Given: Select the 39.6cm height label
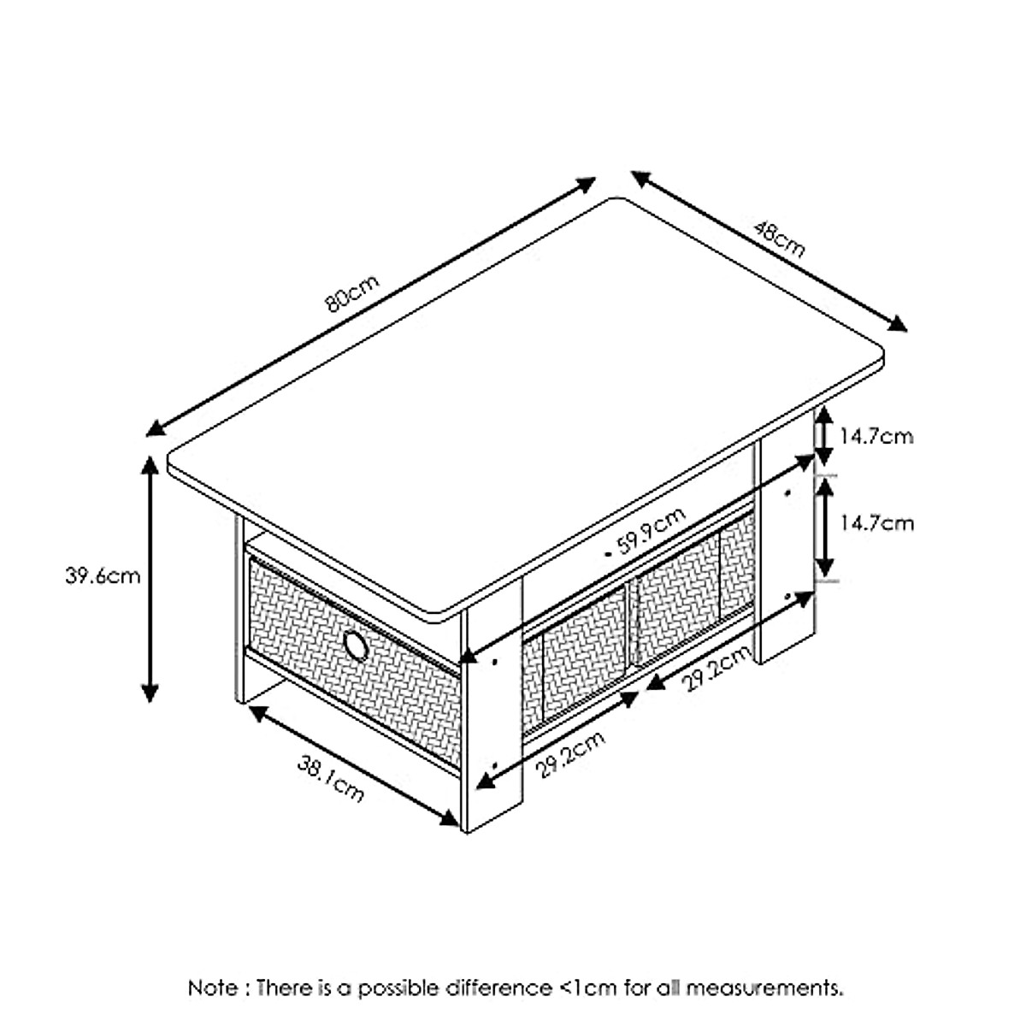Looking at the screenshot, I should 103,575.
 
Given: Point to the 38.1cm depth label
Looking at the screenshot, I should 331,778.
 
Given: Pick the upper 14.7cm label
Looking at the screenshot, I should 876,437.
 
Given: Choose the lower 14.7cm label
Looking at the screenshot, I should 876,522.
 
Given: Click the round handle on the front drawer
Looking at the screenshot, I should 355,645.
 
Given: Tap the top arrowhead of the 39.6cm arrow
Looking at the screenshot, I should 150,464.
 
